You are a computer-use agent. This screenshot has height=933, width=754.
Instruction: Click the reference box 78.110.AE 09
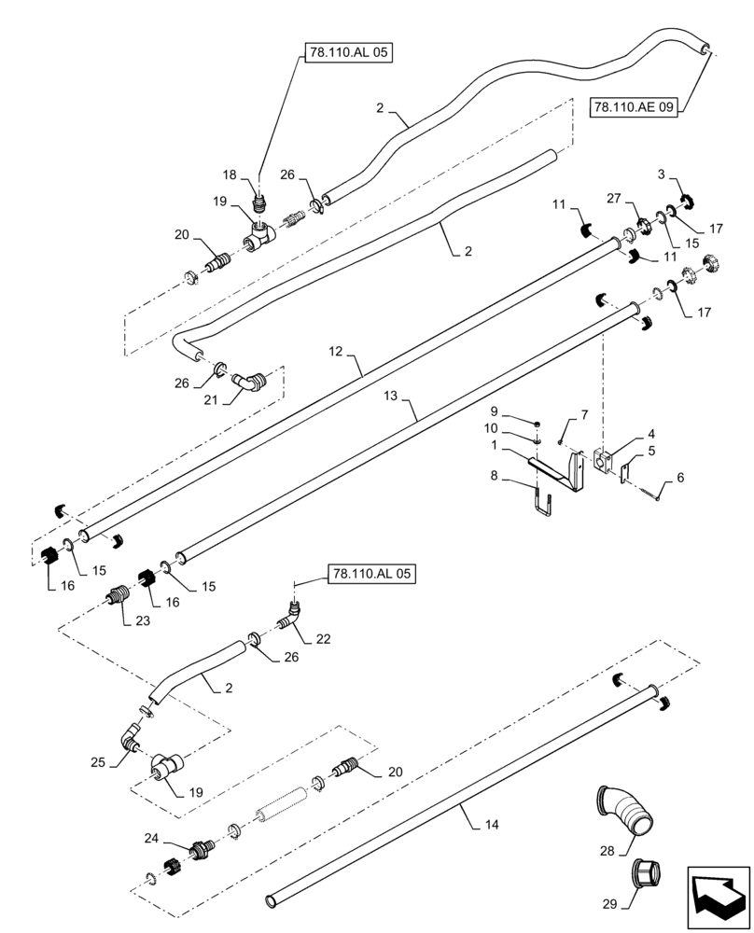click(x=635, y=107)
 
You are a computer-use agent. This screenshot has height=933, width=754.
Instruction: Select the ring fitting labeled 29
click(x=646, y=874)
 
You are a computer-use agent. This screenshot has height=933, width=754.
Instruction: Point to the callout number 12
click(x=338, y=352)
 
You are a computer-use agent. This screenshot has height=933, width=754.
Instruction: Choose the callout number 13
click(x=391, y=396)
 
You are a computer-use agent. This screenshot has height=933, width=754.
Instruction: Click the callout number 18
click(x=229, y=174)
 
